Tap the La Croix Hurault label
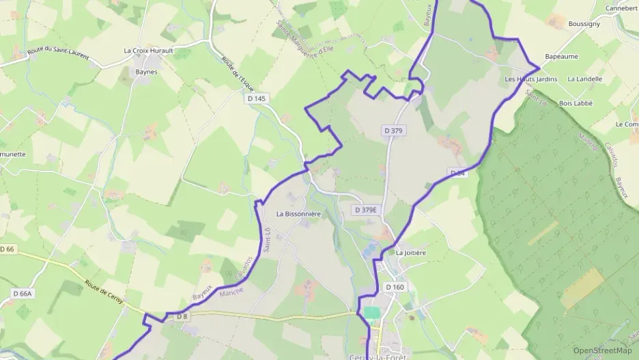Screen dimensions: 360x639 coord(148,51)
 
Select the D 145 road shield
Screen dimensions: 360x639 coord(256,99)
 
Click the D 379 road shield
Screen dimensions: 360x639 coord(393,130)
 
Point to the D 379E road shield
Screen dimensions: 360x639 coord(366,210)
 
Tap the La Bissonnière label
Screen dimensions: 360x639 coord(298,214)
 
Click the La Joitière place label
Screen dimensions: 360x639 coord(411,253)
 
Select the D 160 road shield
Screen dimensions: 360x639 coord(395,287)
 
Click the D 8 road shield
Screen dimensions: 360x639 coord(182,316)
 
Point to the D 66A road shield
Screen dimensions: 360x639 coord(23,293)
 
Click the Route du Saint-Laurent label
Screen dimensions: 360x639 coord(58,53)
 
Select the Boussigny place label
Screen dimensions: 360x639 coord(584,23)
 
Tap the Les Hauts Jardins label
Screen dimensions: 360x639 coord(530,79)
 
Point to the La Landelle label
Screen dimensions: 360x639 coord(584,79)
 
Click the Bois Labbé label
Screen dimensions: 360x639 coord(576,103)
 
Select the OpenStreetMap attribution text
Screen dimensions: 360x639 coord(602,350)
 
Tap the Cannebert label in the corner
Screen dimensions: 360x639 coord(621,8)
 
